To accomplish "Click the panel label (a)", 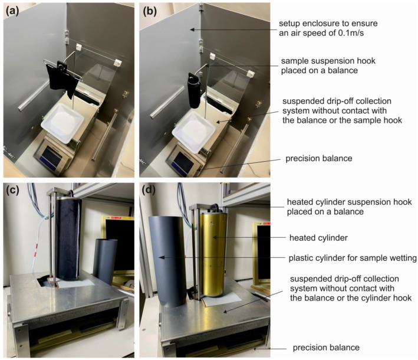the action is tap(12, 11).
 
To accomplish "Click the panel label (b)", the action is tap(150, 11).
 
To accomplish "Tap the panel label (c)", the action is tap(12, 190).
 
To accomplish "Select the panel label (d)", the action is tap(149, 190).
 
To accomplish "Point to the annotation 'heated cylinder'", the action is tap(318, 238).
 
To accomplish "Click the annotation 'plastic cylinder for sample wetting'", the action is tap(353, 258).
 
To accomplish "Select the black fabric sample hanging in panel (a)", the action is tap(62, 78).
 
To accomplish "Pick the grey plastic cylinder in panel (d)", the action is tap(167, 261).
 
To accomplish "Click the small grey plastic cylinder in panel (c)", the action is tap(106, 261).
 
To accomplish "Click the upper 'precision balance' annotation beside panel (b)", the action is tap(318, 159).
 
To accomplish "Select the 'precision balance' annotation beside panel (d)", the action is tap(326, 348).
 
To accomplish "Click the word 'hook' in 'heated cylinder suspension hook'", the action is tap(403, 202).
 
